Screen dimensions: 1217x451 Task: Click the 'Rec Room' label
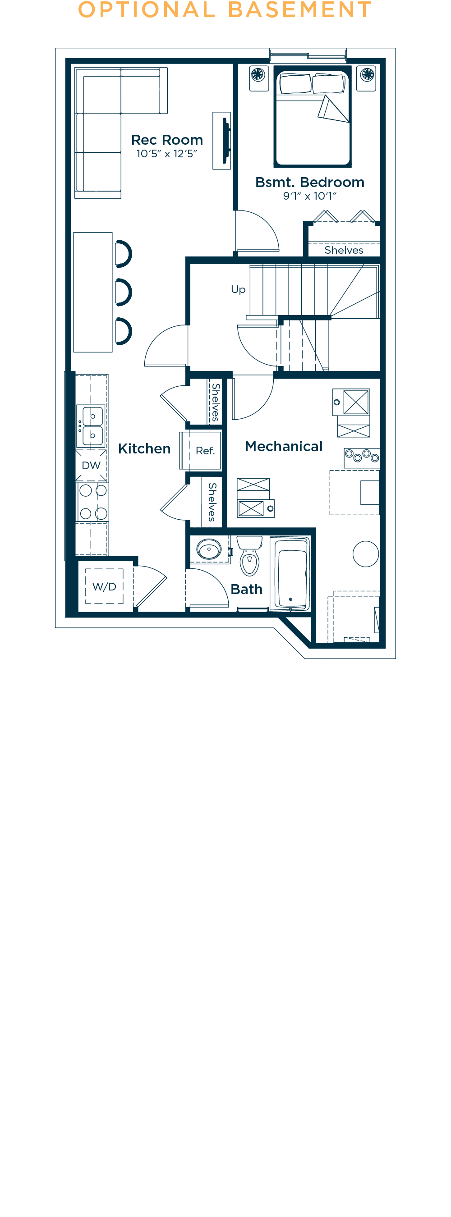167,140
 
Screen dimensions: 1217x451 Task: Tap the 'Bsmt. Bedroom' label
310,183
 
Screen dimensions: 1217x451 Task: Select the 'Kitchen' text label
144,449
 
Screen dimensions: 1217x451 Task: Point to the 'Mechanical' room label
284,446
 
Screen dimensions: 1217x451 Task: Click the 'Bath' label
246,589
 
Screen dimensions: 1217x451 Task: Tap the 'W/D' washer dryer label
104,587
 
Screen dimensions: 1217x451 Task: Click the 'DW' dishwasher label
91,465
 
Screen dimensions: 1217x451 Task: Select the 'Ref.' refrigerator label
205,451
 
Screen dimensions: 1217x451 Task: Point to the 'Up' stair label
238,289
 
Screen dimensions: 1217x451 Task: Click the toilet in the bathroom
249,558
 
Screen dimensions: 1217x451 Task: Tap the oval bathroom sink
209,550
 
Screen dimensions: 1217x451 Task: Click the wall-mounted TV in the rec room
226,140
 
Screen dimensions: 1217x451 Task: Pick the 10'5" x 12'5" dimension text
166,154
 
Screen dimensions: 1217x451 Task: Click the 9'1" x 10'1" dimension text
310,196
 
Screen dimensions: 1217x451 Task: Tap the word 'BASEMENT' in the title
300,10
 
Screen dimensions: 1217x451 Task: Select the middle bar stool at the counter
124,292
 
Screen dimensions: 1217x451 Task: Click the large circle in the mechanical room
365,554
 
